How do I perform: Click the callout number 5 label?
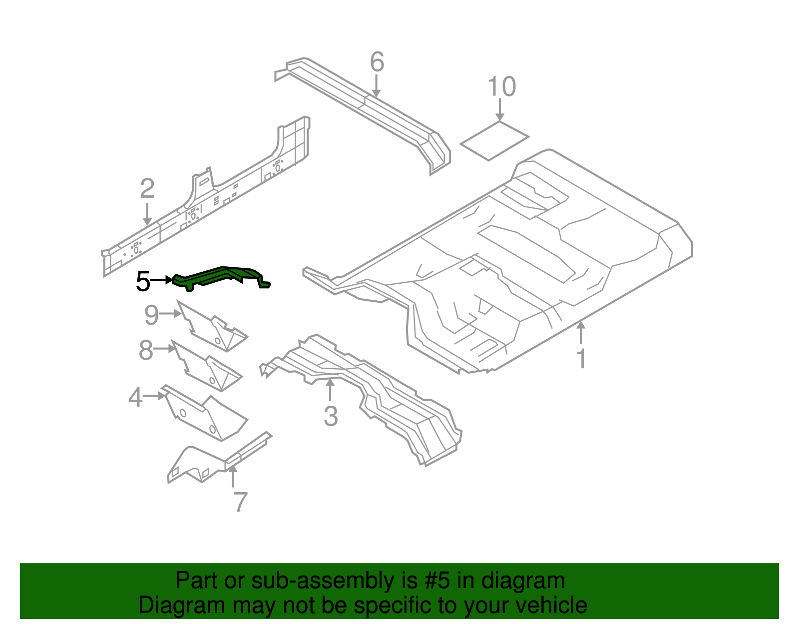coord(143,281)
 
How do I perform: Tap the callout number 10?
coord(501,87)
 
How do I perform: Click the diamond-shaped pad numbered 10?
coord(493,140)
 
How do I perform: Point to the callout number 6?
coord(377,62)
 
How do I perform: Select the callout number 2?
coord(147,189)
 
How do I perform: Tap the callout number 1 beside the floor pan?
coord(581,359)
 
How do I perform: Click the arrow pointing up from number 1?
coord(581,332)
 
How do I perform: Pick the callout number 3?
coord(331,416)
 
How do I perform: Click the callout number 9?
coord(151,315)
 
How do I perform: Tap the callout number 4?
coord(135,398)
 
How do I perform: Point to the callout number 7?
coord(240,502)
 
